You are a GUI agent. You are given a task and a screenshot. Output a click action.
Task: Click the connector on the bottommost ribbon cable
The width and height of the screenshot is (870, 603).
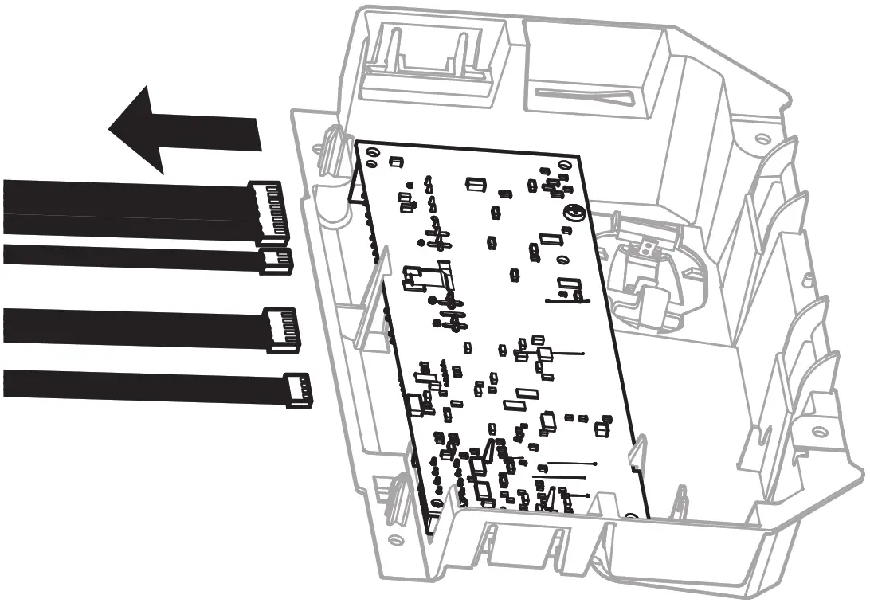(x=298, y=390)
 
